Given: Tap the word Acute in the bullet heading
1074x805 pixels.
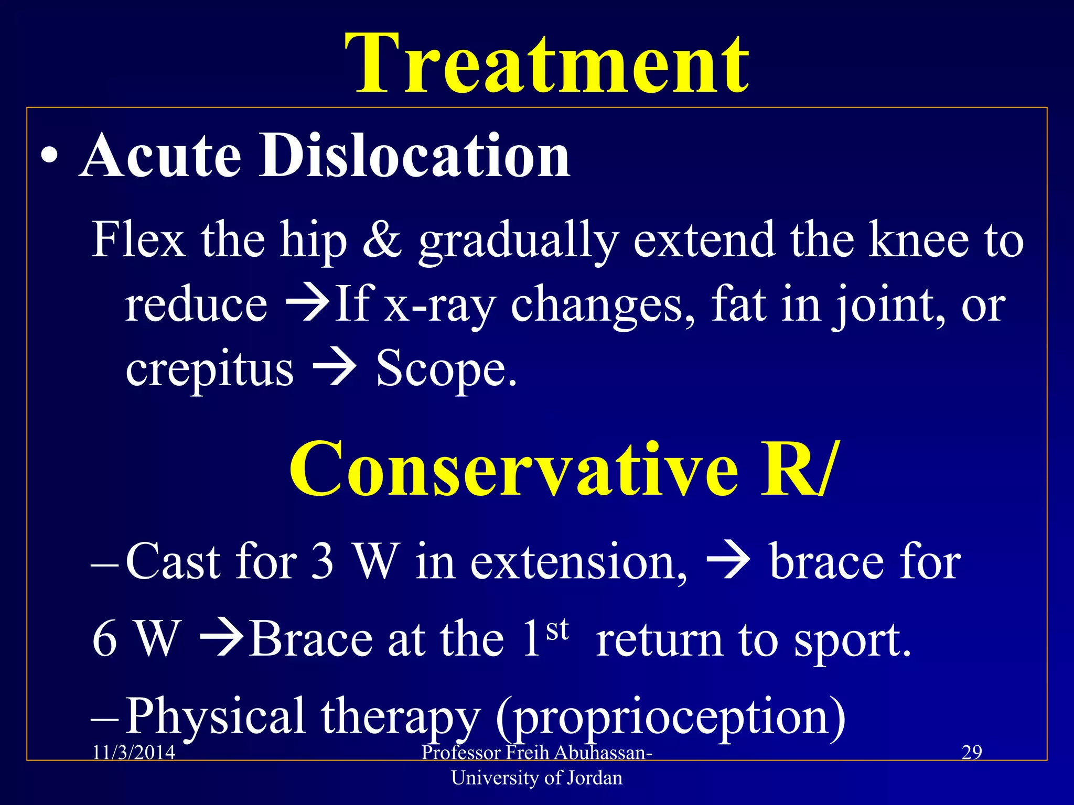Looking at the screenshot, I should [160, 156].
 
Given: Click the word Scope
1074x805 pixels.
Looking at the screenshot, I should [446, 370].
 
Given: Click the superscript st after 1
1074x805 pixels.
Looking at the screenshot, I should [557, 629].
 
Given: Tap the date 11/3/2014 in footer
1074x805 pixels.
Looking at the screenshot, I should [134, 753].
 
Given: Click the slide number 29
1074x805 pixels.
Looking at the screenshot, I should [972, 753].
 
